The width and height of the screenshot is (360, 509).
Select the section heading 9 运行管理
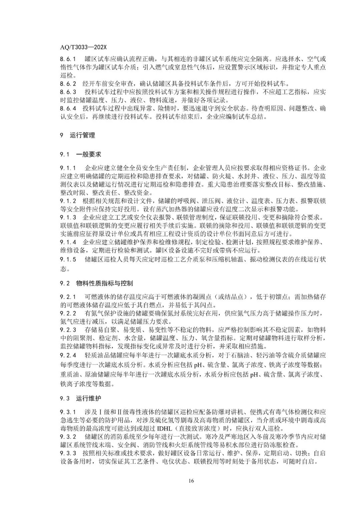pos(77,135)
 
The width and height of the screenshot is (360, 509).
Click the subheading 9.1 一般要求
pos(80,154)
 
